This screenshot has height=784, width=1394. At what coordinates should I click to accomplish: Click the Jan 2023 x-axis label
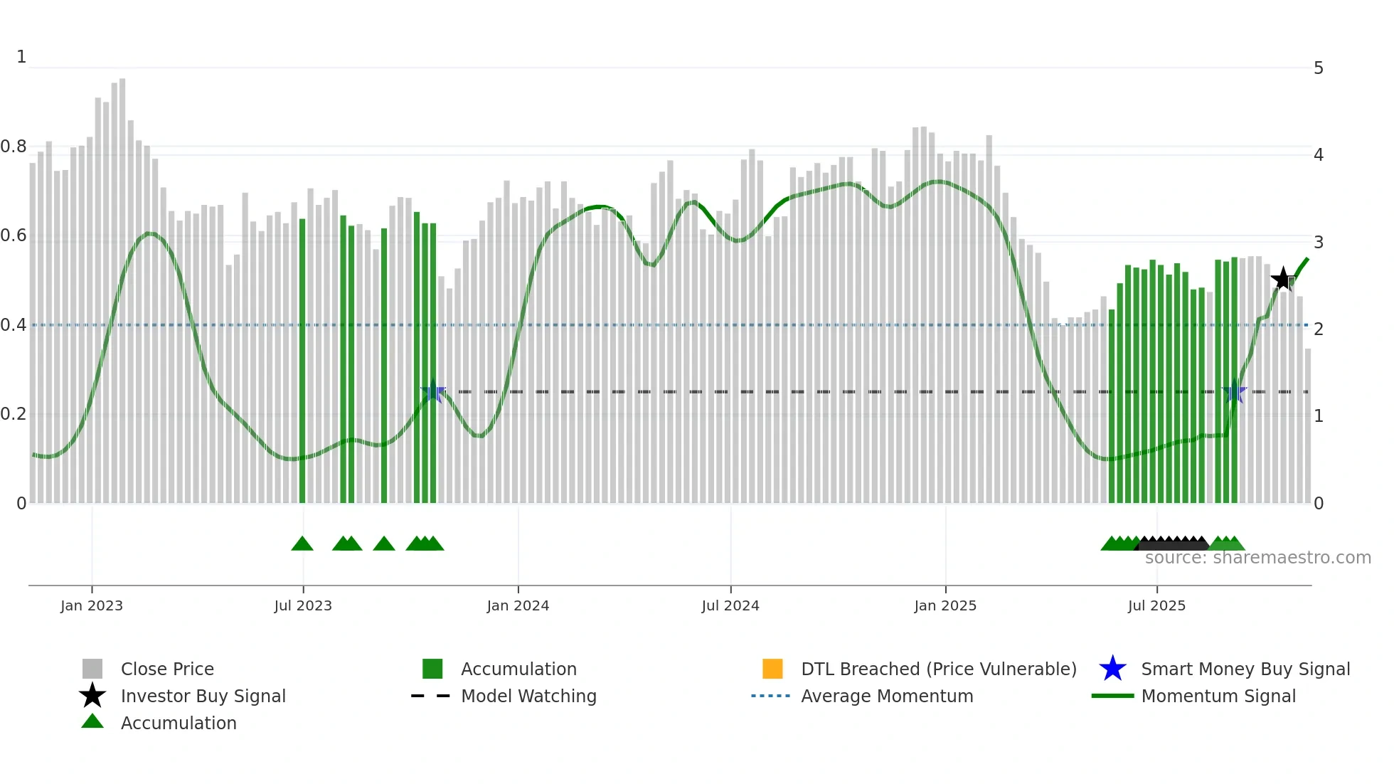tap(91, 605)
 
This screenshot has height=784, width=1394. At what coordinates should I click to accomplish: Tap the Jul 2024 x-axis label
tap(730, 605)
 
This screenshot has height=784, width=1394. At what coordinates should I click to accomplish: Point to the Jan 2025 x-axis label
tap(945, 605)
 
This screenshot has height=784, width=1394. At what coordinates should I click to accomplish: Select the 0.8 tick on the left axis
tap(14, 147)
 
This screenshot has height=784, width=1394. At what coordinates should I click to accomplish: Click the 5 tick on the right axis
tap(1318, 68)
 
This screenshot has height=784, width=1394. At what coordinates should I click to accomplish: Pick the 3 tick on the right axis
tap(1318, 242)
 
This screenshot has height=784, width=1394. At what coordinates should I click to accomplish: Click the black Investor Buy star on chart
tap(1282, 280)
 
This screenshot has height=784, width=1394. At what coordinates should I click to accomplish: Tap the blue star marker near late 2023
tap(432, 391)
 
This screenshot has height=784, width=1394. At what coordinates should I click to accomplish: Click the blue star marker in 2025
tap(1235, 391)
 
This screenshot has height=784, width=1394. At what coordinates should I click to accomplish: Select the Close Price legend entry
tap(166, 669)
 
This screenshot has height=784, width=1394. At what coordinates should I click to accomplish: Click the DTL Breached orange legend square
tap(772, 669)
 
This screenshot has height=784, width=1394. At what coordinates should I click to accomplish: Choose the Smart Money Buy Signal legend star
tap(1112, 669)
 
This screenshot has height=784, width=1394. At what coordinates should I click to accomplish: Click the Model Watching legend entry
tap(528, 696)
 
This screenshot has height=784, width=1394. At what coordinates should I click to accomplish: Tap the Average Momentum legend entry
tap(886, 696)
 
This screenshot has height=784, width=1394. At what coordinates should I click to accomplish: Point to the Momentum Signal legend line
tap(1112, 696)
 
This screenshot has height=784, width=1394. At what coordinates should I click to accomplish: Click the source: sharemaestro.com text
tap(1257, 558)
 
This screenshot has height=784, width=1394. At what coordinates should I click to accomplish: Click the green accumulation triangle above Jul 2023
tap(302, 544)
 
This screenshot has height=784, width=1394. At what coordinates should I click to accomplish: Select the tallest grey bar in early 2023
tap(122, 285)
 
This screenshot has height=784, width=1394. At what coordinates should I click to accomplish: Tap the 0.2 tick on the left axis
tap(14, 414)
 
